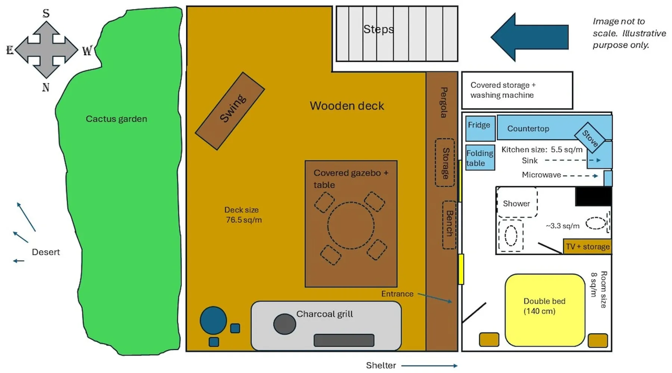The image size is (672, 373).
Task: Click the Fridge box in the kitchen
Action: click(x=480, y=128)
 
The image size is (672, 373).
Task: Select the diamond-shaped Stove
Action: click(x=589, y=137)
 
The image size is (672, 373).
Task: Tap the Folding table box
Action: click(x=480, y=158)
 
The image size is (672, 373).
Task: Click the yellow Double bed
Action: click(x=545, y=310)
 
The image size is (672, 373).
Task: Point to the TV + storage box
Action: click(x=587, y=247)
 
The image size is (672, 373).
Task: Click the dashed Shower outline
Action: click(x=517, y=202)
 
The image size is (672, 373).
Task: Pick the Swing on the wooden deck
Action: click(x=230, y=111)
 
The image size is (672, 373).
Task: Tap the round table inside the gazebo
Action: click(x=351, y=225)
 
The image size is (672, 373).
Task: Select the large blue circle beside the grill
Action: click(x=213, y=320)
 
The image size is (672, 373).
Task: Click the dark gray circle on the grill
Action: click(x=284, y=324)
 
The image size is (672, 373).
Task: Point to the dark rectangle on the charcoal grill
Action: click(x=344, y=340)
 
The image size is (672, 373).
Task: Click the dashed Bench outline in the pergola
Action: click(x=449, y=225)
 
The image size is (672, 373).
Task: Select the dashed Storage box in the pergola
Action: click(x=445, y=163)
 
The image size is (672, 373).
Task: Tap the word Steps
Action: click(x=379, y=29)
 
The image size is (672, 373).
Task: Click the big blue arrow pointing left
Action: click(x=529, y=37)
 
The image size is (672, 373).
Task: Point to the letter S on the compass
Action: click(x=46, y=13)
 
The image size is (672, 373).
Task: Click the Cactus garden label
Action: click(x=116, y=119)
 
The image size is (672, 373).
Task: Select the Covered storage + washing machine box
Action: click(x=517, y=90)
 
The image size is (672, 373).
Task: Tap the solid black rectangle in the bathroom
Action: click(x=593, y=197)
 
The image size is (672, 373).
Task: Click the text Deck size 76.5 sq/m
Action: click(x=243, y=215)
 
